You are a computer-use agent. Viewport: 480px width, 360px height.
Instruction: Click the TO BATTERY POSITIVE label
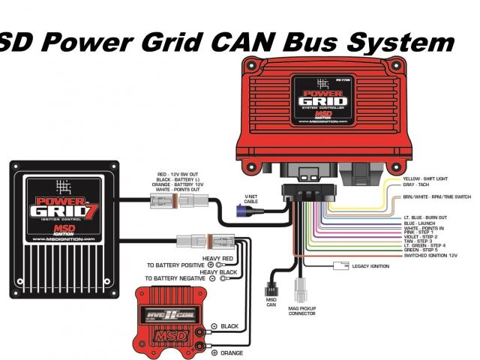(175, 265)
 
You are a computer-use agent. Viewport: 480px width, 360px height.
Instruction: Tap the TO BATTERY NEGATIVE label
(175, 278)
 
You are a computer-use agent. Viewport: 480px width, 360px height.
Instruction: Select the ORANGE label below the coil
(232, 352)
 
